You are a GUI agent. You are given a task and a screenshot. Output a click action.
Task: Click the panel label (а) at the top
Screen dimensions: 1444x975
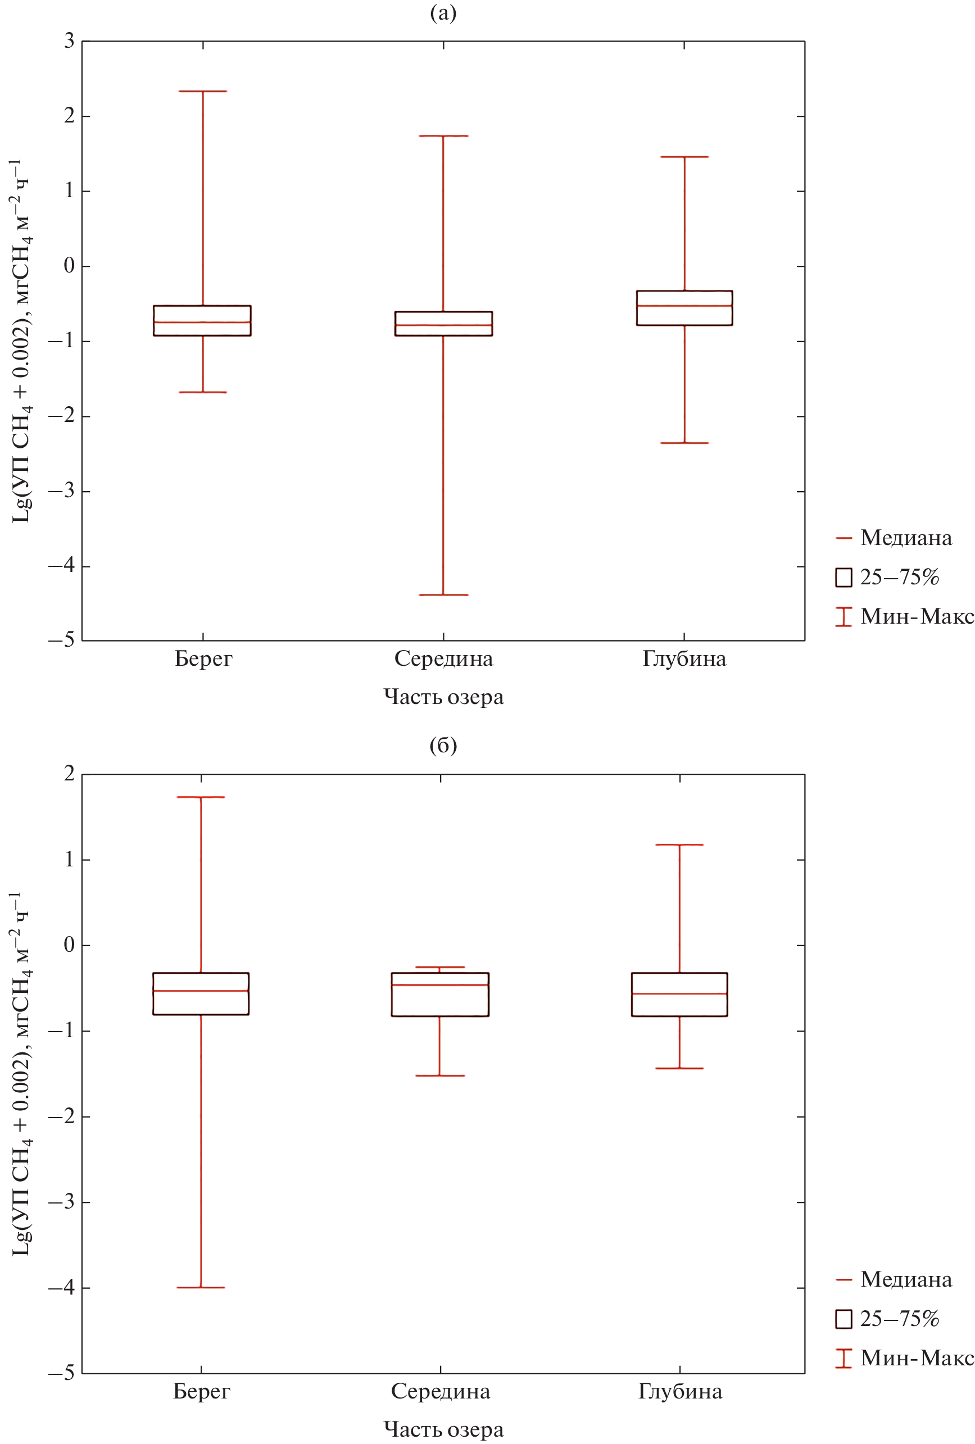pyautogui.click(x=443, y=13)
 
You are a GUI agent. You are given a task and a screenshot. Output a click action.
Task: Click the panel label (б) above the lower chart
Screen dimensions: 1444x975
pyautogui.click(x=443, y=745)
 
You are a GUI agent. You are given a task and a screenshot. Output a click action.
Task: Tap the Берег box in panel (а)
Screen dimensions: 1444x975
pyautogui.click(x=202, y=321)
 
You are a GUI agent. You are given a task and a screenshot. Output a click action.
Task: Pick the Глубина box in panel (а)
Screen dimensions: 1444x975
pyautogui.click(x=684, y=308)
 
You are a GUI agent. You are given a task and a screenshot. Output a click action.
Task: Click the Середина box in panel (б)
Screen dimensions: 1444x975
pyautogui.click(x=440, y=994)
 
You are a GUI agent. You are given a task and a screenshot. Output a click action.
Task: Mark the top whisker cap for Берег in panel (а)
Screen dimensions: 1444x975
pyautogui.click(x=202, y=92)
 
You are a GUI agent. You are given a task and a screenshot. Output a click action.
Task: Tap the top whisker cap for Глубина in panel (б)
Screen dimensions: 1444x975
pyautogui.click(x=679, y=845)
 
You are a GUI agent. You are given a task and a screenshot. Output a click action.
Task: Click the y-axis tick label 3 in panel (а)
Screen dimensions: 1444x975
pyautogui.click(x=69, y=41)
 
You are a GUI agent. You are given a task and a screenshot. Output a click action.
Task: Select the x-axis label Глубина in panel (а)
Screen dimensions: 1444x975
pyautogui.click(x=684, y=659)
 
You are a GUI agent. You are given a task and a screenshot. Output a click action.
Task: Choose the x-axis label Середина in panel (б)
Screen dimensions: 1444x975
pyautogui.click(x=440, y=1391)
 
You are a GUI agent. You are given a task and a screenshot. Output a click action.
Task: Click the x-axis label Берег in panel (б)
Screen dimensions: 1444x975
pyautogui.click(x=201, y=1391)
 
